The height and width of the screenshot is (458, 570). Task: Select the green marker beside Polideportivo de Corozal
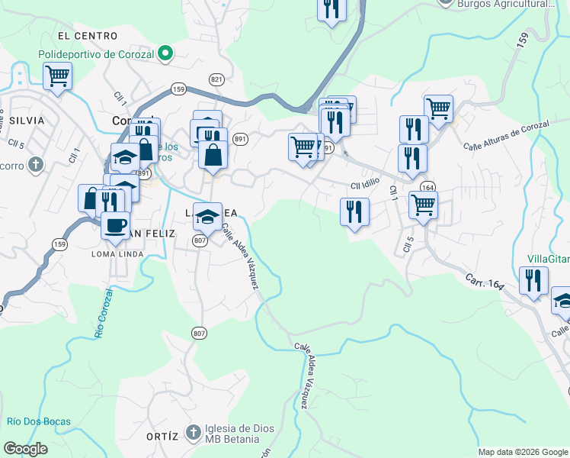(x=164, y=54)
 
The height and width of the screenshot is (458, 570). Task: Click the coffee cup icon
(x=116, y=225)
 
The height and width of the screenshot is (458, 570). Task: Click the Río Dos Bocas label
(x=39, y=421)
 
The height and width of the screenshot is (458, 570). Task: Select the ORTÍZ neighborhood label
(x=162, y=437)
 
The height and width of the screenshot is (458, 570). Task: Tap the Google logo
(x=26, y=449)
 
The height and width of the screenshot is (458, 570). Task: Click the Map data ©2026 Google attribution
(x=523, y=452)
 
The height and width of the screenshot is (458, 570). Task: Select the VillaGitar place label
(x=549, y=259)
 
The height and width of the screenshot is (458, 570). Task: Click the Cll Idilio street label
(x=365, y=185)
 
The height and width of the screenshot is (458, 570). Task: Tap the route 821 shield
(x=216, y=79)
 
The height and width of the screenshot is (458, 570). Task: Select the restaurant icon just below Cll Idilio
(x=354, y=211)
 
